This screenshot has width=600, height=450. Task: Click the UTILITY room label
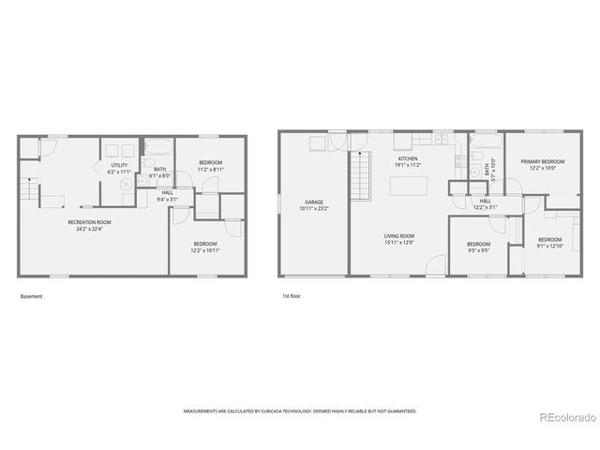119,164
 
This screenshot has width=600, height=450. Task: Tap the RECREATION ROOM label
89,222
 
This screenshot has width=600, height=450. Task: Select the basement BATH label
160,170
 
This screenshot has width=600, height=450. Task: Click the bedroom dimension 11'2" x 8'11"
210,169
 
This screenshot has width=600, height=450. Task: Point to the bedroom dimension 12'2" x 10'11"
206,250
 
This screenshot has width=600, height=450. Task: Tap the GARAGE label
313,202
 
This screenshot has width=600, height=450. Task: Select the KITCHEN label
408,159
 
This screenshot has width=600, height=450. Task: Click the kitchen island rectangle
408,185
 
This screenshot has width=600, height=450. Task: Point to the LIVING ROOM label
399,236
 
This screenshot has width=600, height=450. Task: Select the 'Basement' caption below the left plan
31,296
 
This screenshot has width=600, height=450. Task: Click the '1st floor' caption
292,296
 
